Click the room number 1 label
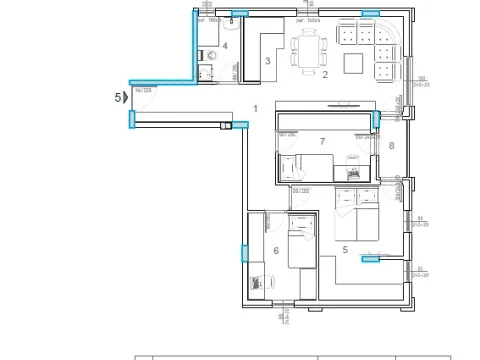click(x=256, y=108)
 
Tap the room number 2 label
click(x=324, y=75)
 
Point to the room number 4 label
click(x=226, y=46)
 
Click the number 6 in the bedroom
click(x=276, y=251)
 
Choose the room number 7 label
click(x=322, y=142)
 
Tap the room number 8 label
click(x=392, y=147)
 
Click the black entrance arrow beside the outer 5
click(x=124, y=97)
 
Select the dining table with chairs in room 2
click(x=309, y=47)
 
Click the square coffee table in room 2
click(x=353, y=64)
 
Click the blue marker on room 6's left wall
click(x=243, y=252)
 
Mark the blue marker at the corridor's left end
click(x=131, y=119)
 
